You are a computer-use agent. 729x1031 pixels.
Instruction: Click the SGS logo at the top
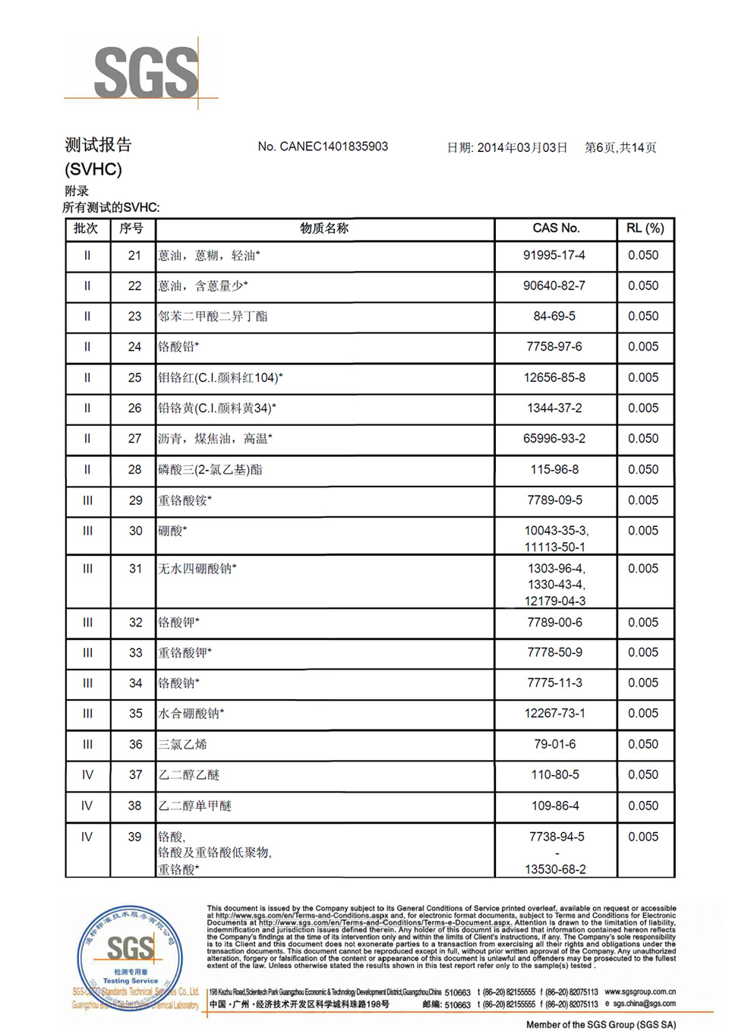point(145,72)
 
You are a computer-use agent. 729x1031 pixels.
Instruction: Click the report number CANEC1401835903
point(333,147)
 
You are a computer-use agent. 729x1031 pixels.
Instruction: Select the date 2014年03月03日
point(522,147)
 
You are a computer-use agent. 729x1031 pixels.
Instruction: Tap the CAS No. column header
point(555,229)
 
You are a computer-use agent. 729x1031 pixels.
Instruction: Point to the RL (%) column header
point(645,229)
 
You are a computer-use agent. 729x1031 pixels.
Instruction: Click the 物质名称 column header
point(324,229)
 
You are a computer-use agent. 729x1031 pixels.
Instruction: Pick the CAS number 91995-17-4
point(554,255)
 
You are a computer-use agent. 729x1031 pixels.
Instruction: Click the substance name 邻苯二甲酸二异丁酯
point(213,317)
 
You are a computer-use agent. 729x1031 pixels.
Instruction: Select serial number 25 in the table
point(134,377)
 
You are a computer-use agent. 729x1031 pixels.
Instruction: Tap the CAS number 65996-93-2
point(554,439)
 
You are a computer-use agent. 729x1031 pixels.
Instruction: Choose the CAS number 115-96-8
point(554,469)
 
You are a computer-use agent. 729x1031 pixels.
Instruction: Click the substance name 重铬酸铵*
point(185,500)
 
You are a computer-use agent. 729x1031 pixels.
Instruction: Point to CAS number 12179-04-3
point(555,601)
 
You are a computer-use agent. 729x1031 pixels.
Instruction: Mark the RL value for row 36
point(643,744)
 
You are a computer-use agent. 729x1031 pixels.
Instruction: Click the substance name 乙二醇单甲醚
point(195,806)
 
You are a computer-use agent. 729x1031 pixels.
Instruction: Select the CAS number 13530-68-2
point(555,869)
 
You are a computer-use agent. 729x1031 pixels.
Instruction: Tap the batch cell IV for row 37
point(87,774)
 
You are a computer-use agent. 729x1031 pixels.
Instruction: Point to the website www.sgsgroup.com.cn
point(640,992)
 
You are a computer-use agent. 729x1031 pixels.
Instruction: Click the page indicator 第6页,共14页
point(620,147)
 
